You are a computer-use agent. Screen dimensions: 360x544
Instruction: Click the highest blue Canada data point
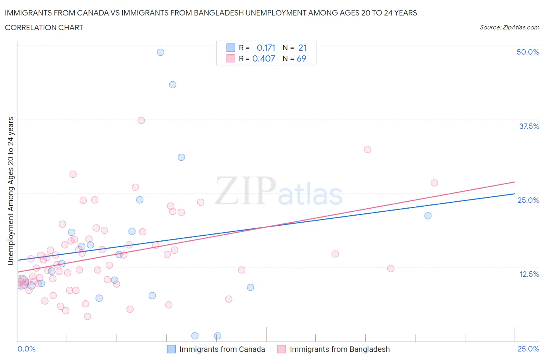click(x=161, y=52)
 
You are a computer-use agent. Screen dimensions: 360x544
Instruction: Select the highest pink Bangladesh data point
click(x=141, y=120)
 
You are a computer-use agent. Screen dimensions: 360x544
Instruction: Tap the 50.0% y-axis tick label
click(x=528, y=52)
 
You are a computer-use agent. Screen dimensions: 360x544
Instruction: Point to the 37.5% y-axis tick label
click(x=529, y=126)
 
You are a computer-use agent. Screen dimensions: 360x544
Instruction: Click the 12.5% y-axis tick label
click(x=529, y=274)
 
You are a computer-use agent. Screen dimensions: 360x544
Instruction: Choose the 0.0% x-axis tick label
click(x=27, y=349)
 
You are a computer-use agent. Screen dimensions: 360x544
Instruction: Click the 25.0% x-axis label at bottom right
click(x=528, y=349)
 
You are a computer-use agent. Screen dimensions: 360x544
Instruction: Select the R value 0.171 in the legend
click(x=266, y=48)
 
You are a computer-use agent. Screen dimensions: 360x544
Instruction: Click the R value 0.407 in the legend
click(x=263, y=58)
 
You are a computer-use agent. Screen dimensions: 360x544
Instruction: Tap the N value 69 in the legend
click(x=301, y=58)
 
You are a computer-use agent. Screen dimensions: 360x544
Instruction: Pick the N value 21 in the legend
click(x=302, y=48)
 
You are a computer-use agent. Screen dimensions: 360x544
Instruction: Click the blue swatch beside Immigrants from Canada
click(x=171, y=349)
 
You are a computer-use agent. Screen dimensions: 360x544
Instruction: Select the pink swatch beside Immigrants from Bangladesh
click(x=282, y=349)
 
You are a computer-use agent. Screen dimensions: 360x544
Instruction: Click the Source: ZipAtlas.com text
click(x=509, y=27)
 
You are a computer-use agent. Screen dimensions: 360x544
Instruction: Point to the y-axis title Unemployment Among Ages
click(x=11, y=191)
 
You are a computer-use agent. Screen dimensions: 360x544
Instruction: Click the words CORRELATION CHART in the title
click(x=44, y=27)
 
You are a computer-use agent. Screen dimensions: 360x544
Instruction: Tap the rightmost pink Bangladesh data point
click(x=434, y=183)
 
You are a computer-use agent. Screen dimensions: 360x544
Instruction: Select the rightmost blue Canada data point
click(x=428, y=216)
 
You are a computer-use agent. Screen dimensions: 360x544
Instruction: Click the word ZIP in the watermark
click(x=245, y=191)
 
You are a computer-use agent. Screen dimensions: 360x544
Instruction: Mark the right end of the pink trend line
click(x=515, y=182)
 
